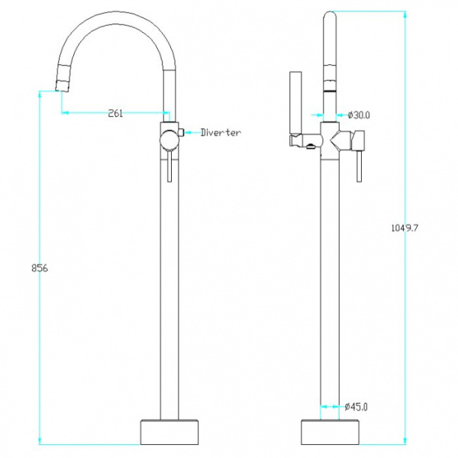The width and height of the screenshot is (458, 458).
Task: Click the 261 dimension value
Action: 115,113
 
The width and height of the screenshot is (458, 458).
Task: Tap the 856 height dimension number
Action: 40,268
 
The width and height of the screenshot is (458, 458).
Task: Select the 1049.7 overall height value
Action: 405,227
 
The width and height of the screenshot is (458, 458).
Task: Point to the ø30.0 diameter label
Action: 359,115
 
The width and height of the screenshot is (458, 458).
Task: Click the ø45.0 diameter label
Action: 356,406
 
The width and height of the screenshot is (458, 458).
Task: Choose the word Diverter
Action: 221,133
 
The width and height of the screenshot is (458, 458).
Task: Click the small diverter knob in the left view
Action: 181,132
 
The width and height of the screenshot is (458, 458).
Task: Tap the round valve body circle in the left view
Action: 169,140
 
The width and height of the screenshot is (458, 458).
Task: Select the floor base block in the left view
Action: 169,433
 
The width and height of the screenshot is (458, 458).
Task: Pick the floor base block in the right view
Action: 331,433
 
